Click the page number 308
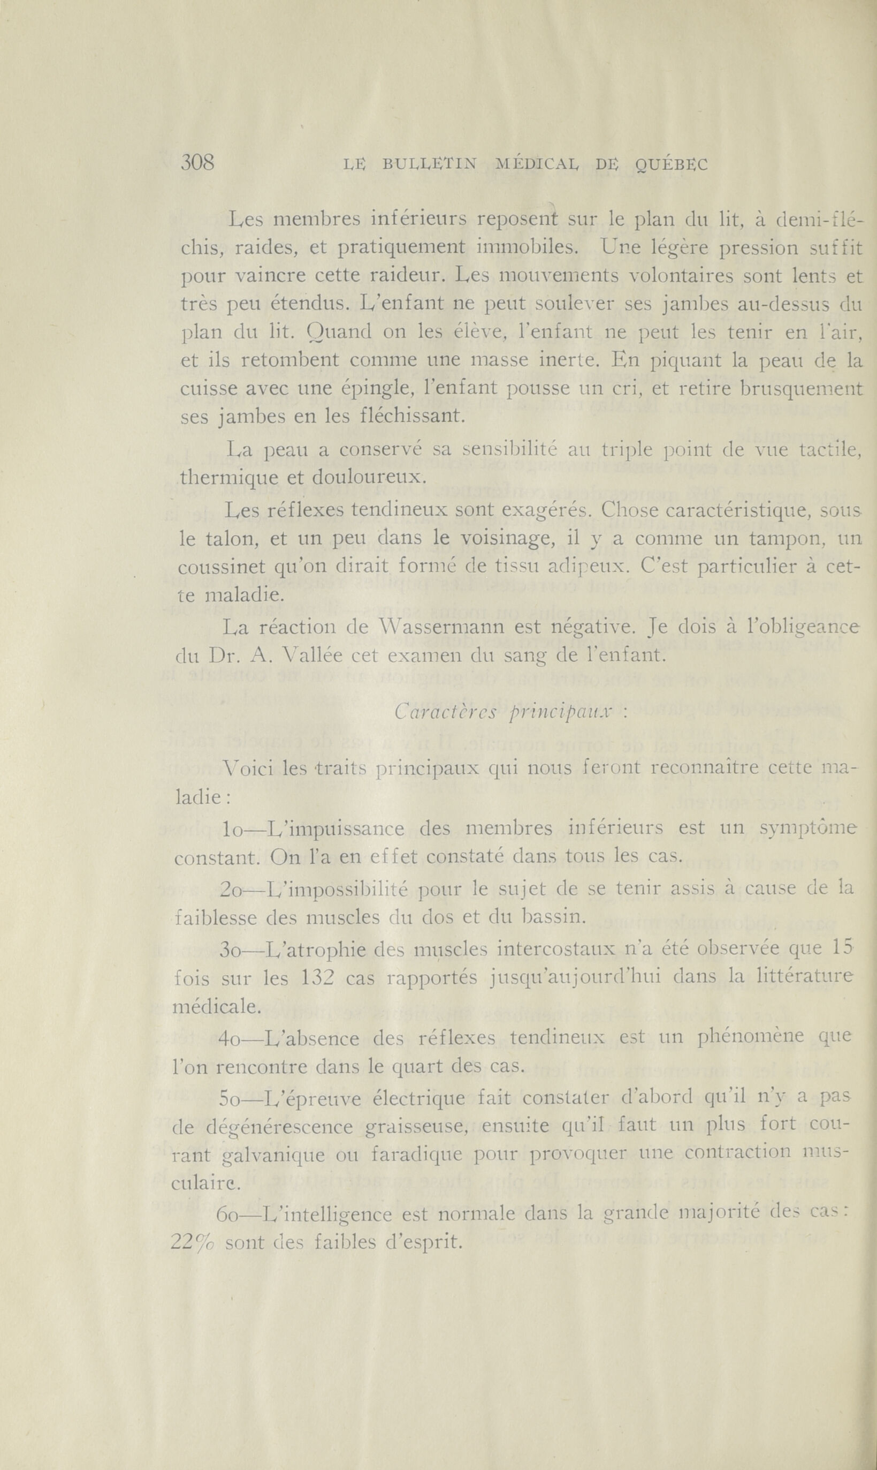point(197,162)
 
